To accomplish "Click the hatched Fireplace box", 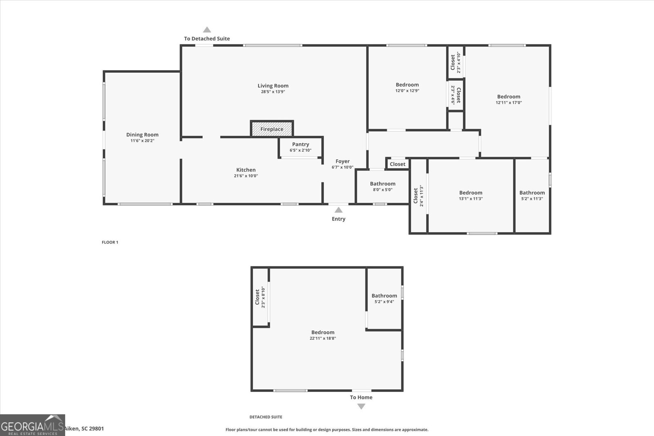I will tap(272, 129).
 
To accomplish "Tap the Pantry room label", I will tap(300, 144).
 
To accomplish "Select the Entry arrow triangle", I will tap(338, 210).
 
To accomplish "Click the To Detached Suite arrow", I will tap(207, 30).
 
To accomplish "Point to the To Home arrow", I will tap(361, 406).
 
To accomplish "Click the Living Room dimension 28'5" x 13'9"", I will tap(273, 92).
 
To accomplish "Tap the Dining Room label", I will tap(142, 135).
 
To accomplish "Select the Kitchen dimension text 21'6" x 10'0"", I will tap(246, 176).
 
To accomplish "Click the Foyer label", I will tap(343, 162).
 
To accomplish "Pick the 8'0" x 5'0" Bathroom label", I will tap(383, 184).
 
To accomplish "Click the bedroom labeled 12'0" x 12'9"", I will tap(407, 85).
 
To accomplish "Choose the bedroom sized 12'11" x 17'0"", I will tap(508, 97).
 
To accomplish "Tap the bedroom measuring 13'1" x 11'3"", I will tap(470, 193).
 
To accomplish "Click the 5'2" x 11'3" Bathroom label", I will tap(532, 193).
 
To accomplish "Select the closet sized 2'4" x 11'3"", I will tap(418, 196).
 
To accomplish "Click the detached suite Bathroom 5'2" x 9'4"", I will tap(384, 296).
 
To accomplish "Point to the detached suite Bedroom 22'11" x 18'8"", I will tap(323, 333).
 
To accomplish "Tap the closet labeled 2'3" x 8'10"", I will tap(260, 297).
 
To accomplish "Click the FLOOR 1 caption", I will tap(110, 242).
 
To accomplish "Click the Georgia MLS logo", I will tap(32, 425).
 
